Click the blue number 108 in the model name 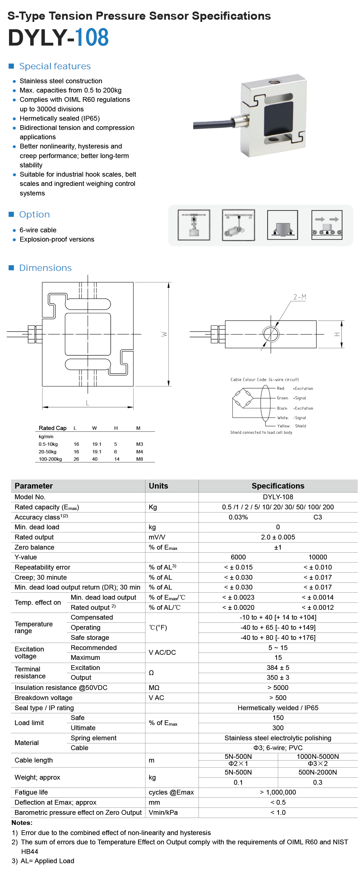click(92, 37)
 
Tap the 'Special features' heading click(55, 66)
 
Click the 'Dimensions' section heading click(45, 268)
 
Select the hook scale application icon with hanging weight click(193, 225)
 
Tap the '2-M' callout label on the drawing click(300, 297)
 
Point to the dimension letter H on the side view click(337, 334)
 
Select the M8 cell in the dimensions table click(139, 459)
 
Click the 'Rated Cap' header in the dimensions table click(52, 428)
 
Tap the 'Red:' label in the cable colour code click(280, 388)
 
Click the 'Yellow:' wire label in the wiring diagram click(283, 426)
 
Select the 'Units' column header click(158, 486)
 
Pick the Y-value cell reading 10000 click(318, 557)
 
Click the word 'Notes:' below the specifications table click(22, 822)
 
